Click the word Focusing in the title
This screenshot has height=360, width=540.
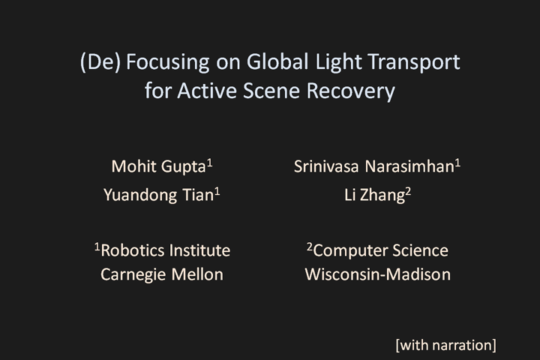coord(168,63)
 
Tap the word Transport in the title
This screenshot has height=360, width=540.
coord(414,63)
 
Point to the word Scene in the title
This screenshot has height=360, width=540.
coord(271,91)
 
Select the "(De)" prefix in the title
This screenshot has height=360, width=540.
coord(100,62)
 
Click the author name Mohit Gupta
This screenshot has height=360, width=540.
coord(158,166)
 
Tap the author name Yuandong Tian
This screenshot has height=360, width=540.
coord(159,195)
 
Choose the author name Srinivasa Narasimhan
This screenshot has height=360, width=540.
coord(374,166)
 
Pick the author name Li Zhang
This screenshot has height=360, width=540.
coord(375,195)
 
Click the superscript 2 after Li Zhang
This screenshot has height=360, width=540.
coord(408,191)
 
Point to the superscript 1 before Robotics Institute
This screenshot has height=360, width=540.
coord(97,246)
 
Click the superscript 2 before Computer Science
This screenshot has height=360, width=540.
coord(310,247)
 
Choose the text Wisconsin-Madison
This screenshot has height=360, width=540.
coord(378,274)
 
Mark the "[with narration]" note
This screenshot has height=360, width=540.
coord(446,345)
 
